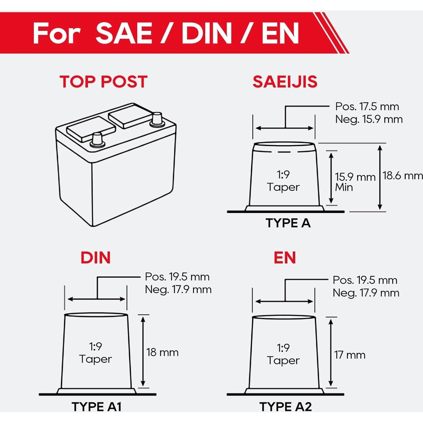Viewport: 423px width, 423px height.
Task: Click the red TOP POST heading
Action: point(103,82)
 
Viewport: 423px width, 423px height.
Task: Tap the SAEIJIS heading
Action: point(285,82)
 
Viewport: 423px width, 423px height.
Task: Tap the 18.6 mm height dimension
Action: point(402,176)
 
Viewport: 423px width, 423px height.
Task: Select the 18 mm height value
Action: point(163,353)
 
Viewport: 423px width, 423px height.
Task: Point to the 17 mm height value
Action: point(350,355)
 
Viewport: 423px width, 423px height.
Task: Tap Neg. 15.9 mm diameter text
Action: point(369,119)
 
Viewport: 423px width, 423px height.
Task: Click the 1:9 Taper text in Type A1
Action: point(95,353)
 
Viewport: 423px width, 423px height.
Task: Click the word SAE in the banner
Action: point(124,33)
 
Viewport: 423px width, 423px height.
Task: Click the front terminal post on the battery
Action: point(97,140)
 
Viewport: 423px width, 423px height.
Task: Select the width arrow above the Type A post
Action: point(285,128)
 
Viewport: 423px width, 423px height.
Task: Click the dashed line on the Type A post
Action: point(285,152)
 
